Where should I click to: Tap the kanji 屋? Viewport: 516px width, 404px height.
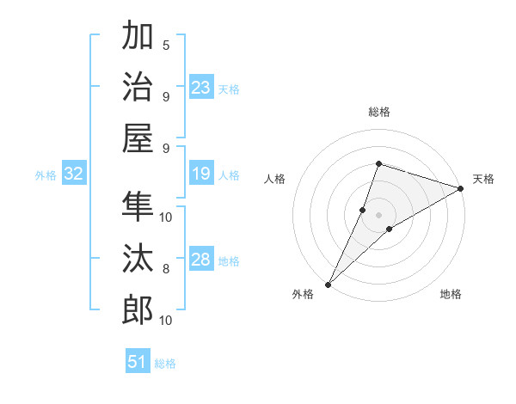click(138, 137)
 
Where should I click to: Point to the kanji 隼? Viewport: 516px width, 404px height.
click(138, 205)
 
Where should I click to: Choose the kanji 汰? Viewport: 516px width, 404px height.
click(138, 257)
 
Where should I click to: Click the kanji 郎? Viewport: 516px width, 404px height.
click(138, 309)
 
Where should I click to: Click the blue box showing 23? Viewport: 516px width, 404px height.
click(201, 87)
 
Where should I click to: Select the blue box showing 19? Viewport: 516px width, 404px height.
click(201, 174)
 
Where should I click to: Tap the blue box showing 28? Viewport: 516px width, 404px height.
click(201, 260)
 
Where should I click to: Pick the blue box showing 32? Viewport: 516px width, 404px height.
click(74, 174)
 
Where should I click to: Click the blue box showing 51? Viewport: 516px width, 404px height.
click(138, 362)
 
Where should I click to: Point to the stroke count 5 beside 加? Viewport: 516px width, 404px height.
click(166, 45)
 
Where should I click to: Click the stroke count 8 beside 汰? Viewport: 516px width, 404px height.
click(166, 268)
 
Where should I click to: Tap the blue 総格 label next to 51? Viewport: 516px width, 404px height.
click(166, 364)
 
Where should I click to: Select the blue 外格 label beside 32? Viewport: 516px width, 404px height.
click(46, 175)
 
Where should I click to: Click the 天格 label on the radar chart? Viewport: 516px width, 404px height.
click(484, 179)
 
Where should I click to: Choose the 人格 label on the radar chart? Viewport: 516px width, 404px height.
click(275, 179)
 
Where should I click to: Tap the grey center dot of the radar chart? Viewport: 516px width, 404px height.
click(378, 214)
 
